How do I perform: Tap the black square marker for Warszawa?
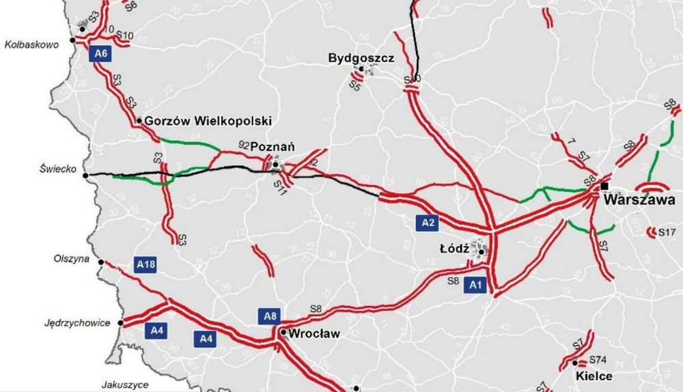[x=604, y=186]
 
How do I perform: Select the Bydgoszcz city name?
[x=361, y=58]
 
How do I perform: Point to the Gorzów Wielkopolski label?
[x=208, y=121]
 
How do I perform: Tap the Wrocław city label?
[x=314, y=334]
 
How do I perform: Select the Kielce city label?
[x=593, y=376]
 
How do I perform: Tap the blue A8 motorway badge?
[x=269, y=316]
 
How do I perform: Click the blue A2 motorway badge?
[x=428, y=223]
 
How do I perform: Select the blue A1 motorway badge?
[x=476, y=286]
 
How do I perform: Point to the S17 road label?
[x=667, y=233]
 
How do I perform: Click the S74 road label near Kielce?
[x=598, y=360]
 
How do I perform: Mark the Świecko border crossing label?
[x=57, y=169]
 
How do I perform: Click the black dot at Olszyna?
[x=101, y=262]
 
